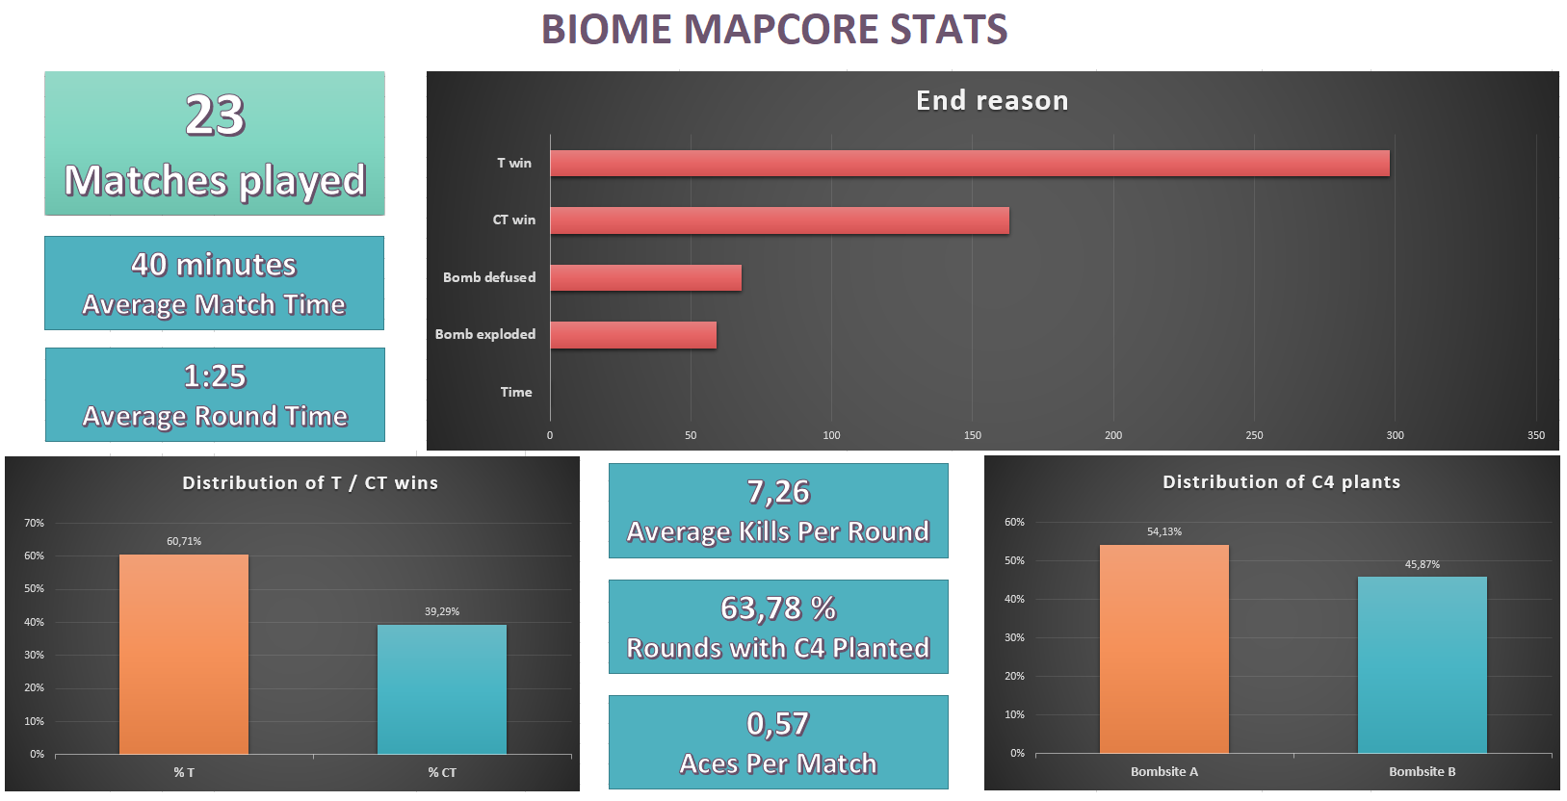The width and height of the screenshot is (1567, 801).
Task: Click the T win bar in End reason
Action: tap(969, 164)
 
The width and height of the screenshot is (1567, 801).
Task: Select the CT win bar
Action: tap(779, 220)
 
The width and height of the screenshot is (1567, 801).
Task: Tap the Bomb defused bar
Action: tap(645, 278)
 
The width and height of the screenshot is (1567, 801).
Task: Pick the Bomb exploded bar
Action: tap(633, 335)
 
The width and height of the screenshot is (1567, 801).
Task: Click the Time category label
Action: tap(516, 392)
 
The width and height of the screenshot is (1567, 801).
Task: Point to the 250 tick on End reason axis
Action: tap(1254, 435)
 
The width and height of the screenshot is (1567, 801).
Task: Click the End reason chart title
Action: tap(992, 100)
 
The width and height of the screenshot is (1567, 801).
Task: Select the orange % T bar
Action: tap(184, 655)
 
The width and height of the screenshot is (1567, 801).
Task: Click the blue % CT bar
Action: tap(442, 689)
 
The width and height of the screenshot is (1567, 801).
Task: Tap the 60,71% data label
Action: tap(184, 541)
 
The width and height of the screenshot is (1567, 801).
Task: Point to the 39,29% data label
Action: tap(442, 611)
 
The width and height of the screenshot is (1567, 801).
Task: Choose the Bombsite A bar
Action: tap(1164, 649)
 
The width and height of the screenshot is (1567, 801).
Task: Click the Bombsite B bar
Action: tap(1423, 664)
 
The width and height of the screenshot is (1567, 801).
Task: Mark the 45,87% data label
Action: tap(1423, 564)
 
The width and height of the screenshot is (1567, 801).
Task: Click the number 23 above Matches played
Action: tap(215, 116)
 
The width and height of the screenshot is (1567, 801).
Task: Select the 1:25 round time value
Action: tap(215, 376)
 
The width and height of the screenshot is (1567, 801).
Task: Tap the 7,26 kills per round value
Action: tap(778, 492)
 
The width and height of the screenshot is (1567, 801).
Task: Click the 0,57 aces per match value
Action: tap(778, 724)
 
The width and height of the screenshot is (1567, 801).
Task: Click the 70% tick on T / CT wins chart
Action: tap(35, 523)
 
